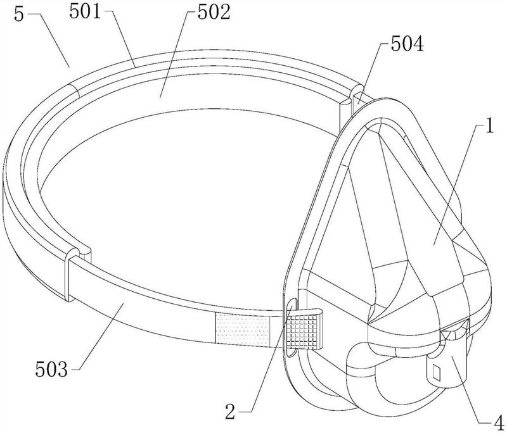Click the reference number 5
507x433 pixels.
(19, 15)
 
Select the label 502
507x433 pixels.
(214, 13)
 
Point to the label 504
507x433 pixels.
(407, 44)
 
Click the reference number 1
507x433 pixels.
(490, 125)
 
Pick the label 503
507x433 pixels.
(52, 368)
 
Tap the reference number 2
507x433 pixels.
(230, 412)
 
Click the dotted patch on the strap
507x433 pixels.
(243, 329)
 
